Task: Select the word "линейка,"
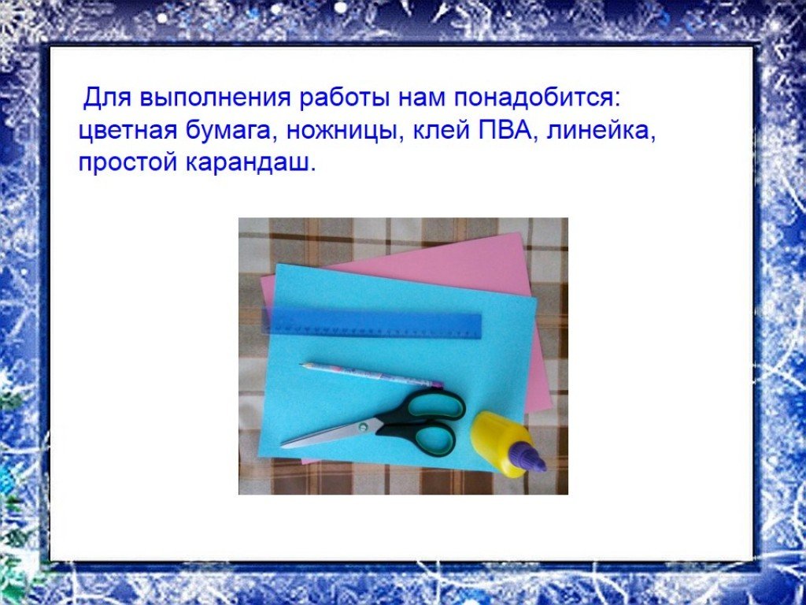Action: click(x=601, y=131)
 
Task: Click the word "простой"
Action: click(x=128, y=165)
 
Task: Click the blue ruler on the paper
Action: click(x=372, y=324)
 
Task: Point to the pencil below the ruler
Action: click(x=372, y=374)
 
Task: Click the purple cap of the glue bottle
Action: click(x=531, y=458)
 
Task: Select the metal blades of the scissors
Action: click(x=330, y=434)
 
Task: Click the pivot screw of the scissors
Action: click(x=364, y=426)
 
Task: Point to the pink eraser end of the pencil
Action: click(x=438, y=384)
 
